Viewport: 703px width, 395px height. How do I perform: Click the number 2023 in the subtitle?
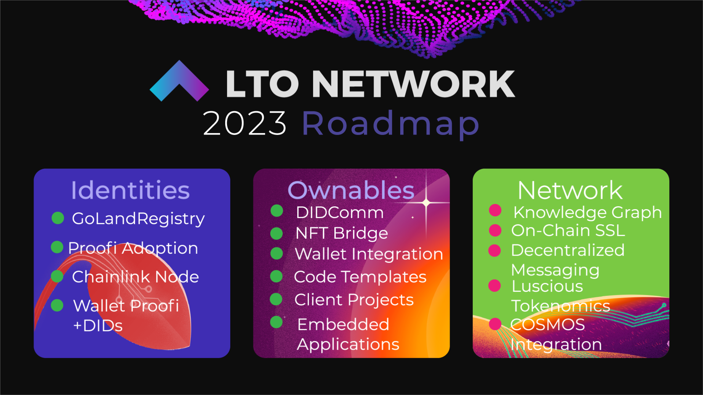click(245, 123)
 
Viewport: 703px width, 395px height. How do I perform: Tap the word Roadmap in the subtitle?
click(391, 124)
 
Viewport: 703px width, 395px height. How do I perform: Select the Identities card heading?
click(130, 190)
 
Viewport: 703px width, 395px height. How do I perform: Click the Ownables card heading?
click(351, 190)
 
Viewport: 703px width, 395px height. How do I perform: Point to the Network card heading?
click(570, 190)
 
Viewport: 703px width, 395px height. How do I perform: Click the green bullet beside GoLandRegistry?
click(58, 218)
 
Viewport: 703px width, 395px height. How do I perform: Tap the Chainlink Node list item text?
click(135, 277)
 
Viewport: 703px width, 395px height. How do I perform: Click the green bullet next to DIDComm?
click(277, 211)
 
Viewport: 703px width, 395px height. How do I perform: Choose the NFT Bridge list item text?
click(342, 233)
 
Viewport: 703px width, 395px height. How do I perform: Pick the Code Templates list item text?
click(360, 277)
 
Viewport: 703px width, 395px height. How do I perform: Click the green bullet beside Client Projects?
click(276, 299)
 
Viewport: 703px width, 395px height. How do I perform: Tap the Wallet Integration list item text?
click(369, 254)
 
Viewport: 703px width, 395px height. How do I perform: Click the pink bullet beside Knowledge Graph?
click(495, 210)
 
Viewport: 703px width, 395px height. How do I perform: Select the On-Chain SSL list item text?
click(568, 230)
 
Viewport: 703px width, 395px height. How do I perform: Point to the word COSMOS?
click(547, 324)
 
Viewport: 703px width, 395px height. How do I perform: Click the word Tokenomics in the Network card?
click(561, 306)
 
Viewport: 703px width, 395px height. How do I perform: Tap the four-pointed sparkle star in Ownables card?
click(426, 202)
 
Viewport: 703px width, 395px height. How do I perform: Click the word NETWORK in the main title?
click(413, 84)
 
